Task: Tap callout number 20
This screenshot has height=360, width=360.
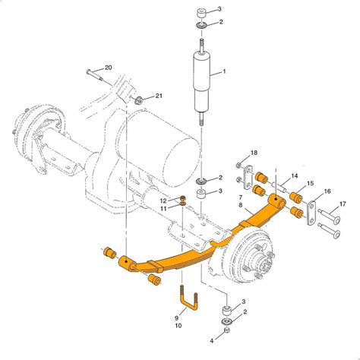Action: tap(108, 68)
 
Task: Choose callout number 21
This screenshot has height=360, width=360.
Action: tap(159, 96)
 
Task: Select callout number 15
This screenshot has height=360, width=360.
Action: tap(311, 185)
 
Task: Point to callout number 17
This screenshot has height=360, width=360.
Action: tap(343, 203)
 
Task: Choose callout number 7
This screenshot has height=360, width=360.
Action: tap(242, 197)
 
